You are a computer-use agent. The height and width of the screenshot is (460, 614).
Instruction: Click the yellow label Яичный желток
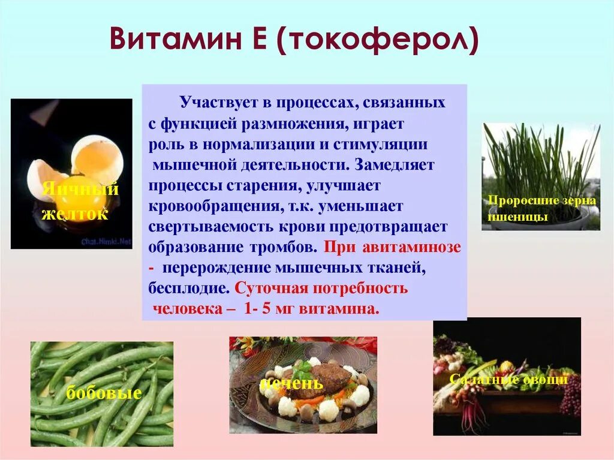click(80, 202)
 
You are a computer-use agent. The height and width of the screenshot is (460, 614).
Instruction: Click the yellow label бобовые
click(104, 393)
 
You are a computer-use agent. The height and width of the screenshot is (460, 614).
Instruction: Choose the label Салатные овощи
click(508, 380)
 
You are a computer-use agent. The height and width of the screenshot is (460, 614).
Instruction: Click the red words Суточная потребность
click(321, 288)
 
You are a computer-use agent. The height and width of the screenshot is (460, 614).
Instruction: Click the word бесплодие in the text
click(188, 288)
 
